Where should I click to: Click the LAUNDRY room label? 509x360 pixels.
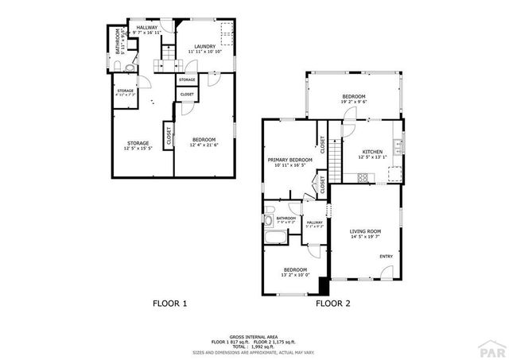[205, 47]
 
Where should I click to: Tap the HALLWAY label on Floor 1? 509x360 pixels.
[146, 28]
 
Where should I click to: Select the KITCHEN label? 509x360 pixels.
[372, 151]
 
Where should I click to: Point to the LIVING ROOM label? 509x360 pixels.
[366, 231]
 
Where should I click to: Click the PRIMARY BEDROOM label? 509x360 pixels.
[289, 160]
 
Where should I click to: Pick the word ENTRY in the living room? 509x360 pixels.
[386, 256]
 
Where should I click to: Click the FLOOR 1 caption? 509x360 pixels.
[169, 304]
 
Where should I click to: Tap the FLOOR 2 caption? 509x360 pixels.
[333, 304]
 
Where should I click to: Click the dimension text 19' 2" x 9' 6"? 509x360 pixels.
[353, 102]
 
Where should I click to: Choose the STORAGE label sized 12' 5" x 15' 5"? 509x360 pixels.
[137, 143]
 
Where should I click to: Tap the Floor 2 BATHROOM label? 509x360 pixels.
[286, 218]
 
